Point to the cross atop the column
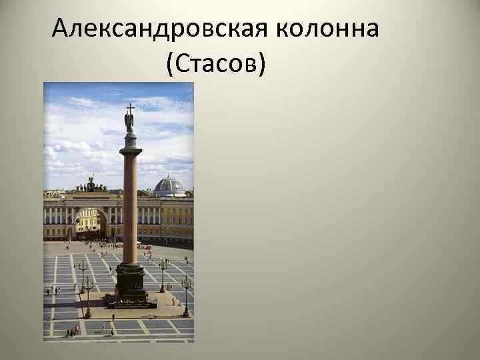point(130,108)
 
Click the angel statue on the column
point(129,121)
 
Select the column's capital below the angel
point(130,141)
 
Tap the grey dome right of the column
point(169,185)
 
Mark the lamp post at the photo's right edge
point(186,293)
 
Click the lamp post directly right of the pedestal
point(162,273)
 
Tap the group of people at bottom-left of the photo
point(71,330)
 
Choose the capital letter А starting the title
point(61,29)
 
